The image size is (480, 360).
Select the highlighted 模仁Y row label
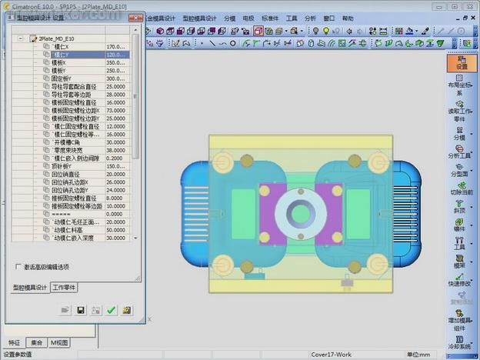[x=61, y=55]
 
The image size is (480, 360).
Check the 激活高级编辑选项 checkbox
[x=19, y=267]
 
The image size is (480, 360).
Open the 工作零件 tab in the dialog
[x=67, y=287]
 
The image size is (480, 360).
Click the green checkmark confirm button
[x=111, y=310]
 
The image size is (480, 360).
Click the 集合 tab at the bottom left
[x=35, y=342]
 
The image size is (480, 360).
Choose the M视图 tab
[x=59, y=342]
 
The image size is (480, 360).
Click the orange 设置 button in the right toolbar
[x=462, y=62]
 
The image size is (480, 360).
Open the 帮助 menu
[x=348, y=18]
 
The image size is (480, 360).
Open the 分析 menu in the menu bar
[x=311, y=18]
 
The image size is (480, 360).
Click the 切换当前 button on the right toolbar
[x=462, y=186]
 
